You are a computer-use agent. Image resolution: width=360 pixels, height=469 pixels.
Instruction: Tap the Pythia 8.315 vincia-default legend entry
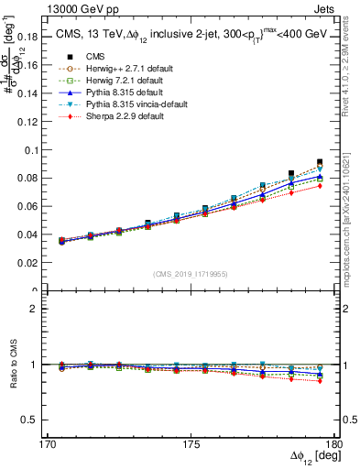pyautogui.click(x=122, y=105)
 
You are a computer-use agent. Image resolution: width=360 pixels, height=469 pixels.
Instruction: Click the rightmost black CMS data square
pyautogui.click(x=320, y=162)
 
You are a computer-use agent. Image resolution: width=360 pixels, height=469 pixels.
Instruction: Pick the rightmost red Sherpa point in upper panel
pyautogui.click(x=320, y=186)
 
